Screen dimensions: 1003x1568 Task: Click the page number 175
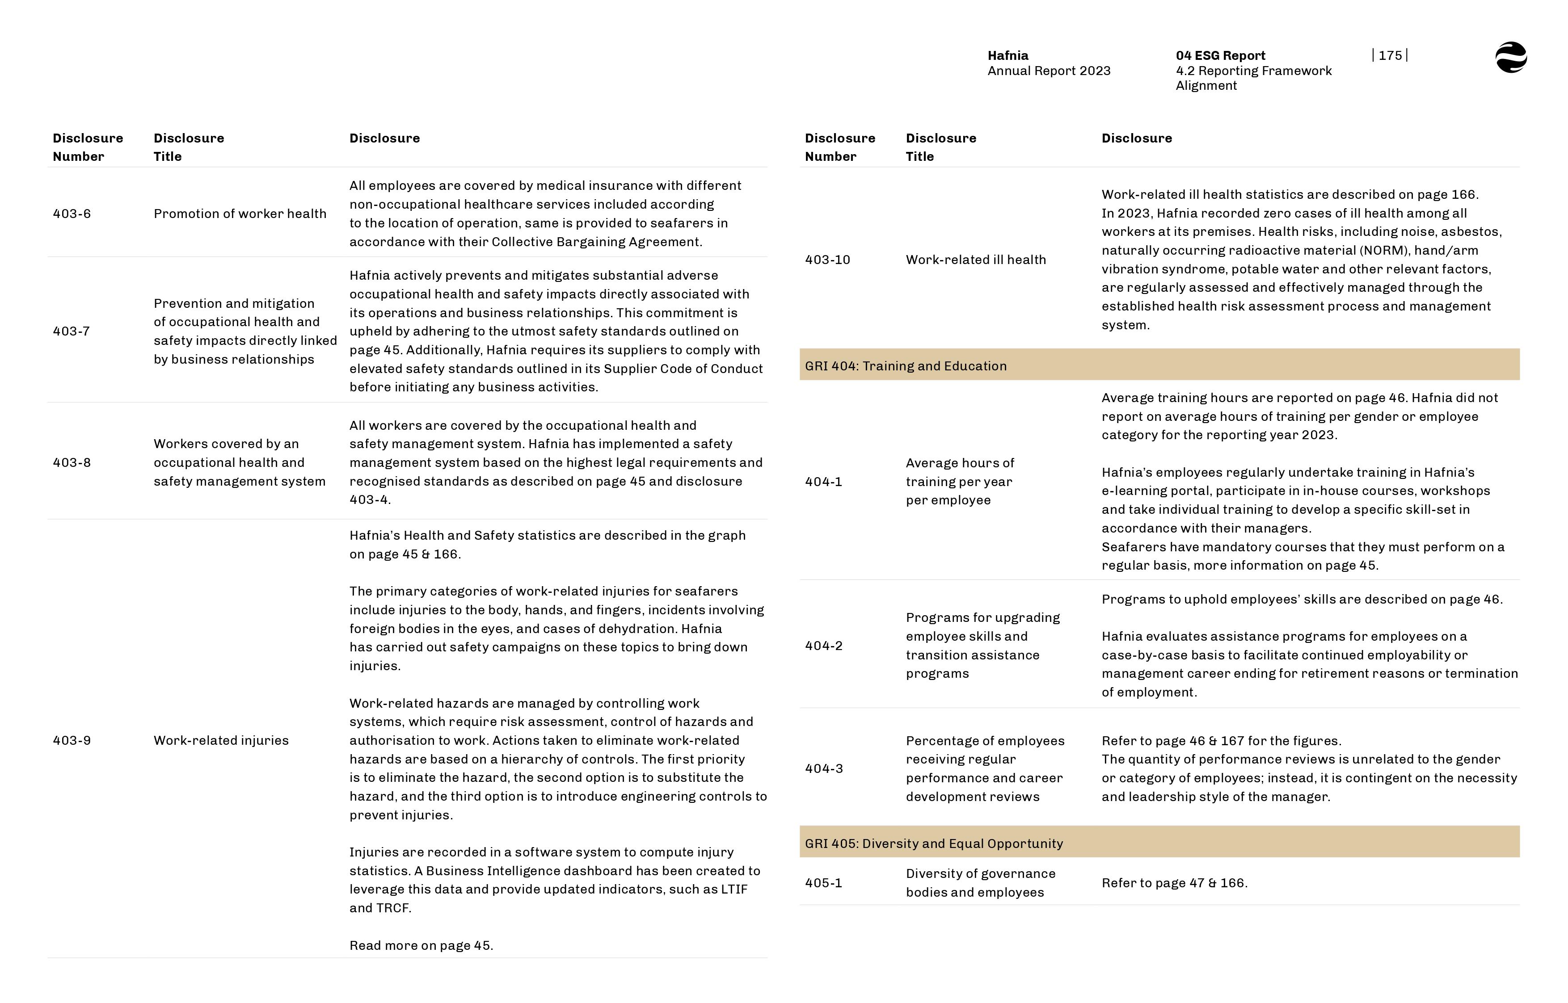[x=1390, y=55]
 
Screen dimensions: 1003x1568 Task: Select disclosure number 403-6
[x=72, y=214]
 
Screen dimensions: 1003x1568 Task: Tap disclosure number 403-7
[x=71, y=331]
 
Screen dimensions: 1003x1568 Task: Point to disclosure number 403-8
[x=72, y=462]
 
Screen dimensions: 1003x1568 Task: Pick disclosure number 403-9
[x=72, y=741]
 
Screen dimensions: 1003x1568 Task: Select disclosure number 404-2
[x=823, y=646]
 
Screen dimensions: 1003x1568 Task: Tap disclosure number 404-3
[x=823, y=768]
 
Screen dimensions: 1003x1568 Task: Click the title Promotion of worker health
[x=240, y=214]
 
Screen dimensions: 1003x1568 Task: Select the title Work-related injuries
[x=221, y=741]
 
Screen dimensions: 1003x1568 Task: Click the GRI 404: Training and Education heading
[x=906, y=366]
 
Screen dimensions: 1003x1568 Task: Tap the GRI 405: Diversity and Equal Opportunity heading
[x=933, y=844]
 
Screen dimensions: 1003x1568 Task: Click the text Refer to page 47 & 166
[x=1174, y=883]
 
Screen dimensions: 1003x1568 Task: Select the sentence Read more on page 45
[x=421, y=946]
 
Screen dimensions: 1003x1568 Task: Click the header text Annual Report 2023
[x=1049, y=71]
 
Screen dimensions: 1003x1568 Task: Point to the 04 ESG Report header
[x=1220, y=55]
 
